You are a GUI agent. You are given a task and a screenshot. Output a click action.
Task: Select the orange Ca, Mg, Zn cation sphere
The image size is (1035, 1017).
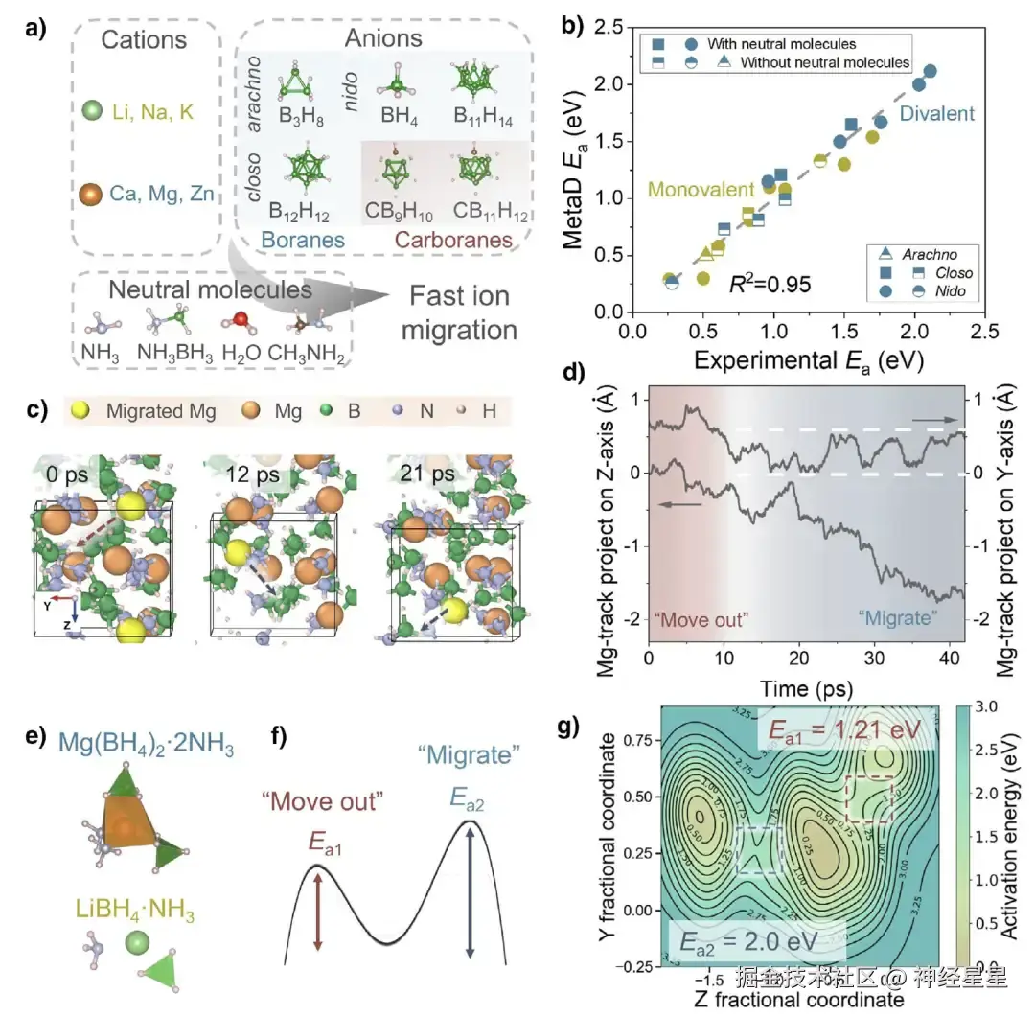[92, 195]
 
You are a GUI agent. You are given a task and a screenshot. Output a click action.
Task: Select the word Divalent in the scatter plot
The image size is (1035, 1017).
[937, 114]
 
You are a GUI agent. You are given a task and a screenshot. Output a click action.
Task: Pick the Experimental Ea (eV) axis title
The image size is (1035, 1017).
[802, 359]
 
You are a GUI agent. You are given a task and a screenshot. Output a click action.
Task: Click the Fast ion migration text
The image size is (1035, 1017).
[459, 312]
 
